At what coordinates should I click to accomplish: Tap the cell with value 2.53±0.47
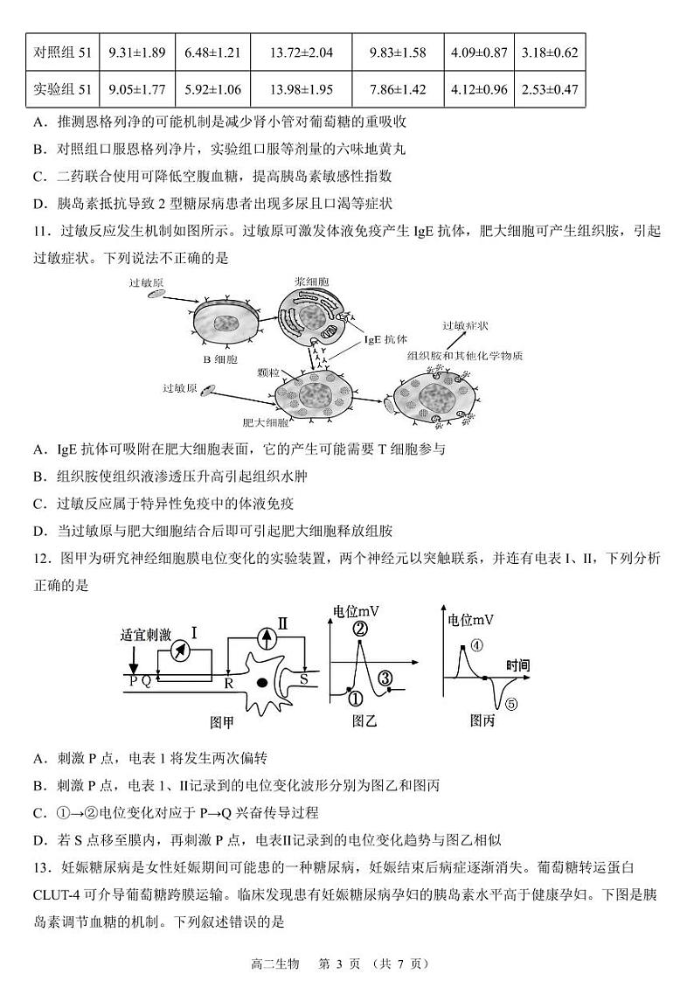pyautogui.click(x=549, y=89)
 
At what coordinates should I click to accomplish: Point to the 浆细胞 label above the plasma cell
pyautogui.click(x=311, y=282)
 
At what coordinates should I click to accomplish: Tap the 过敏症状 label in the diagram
pyautogui.click(x=465, y=325)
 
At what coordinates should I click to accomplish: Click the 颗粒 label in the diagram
pyautogui.click(x=268, y=372)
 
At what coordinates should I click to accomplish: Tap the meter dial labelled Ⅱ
pyautogui.click(x=260, y=637)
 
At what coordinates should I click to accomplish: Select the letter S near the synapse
pyautogui.click(x=303, y=678)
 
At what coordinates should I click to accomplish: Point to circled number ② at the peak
pyautogui.click(x=360, y=627)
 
